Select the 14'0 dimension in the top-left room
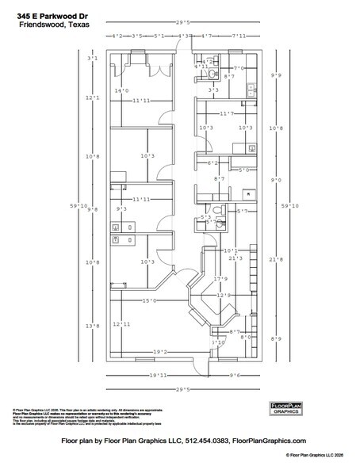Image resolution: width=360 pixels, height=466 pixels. (121, 91)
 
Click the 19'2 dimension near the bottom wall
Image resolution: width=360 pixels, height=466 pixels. (161, 350)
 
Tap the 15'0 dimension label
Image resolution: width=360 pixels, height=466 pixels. (148, 301)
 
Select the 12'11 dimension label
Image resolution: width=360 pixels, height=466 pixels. (121, 324)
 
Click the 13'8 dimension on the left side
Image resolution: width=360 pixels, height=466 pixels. (93, 326)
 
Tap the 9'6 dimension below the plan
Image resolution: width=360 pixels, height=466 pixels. (235, 375)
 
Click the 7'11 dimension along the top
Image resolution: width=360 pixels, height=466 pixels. (239, 36)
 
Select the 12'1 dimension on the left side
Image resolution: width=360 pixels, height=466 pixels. (93, 97)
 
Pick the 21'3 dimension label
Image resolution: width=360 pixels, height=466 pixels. (235, 258)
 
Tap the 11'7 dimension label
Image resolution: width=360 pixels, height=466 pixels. (226, 113)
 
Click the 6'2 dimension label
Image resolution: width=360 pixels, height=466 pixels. (213, 163)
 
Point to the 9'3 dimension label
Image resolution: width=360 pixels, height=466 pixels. (122, 209)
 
